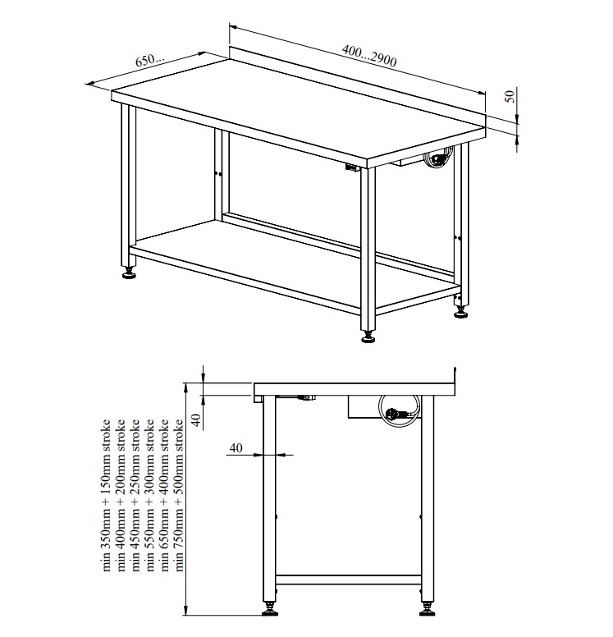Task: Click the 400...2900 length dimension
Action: (x=368, y=55)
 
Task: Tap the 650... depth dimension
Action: (x=150, y=60)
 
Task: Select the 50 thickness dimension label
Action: (x=510, y=96)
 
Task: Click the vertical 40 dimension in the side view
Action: (x=196, y=419)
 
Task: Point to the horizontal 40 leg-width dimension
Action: (x=236, y=448)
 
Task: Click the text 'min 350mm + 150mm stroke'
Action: (x=106, y=495)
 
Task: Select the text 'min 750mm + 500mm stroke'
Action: (x=178, y=495)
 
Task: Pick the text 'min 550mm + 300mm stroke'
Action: (x=149, y=495)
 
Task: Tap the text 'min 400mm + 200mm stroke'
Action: (x=121, y=495)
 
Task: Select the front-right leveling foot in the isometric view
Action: (x=368, y=337)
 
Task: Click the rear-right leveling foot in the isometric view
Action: (x=460, y=313)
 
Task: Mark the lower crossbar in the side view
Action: (x=348, y=580)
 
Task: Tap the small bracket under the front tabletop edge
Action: (x=352, y=167)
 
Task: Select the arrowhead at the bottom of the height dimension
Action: (x=186, y=609)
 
